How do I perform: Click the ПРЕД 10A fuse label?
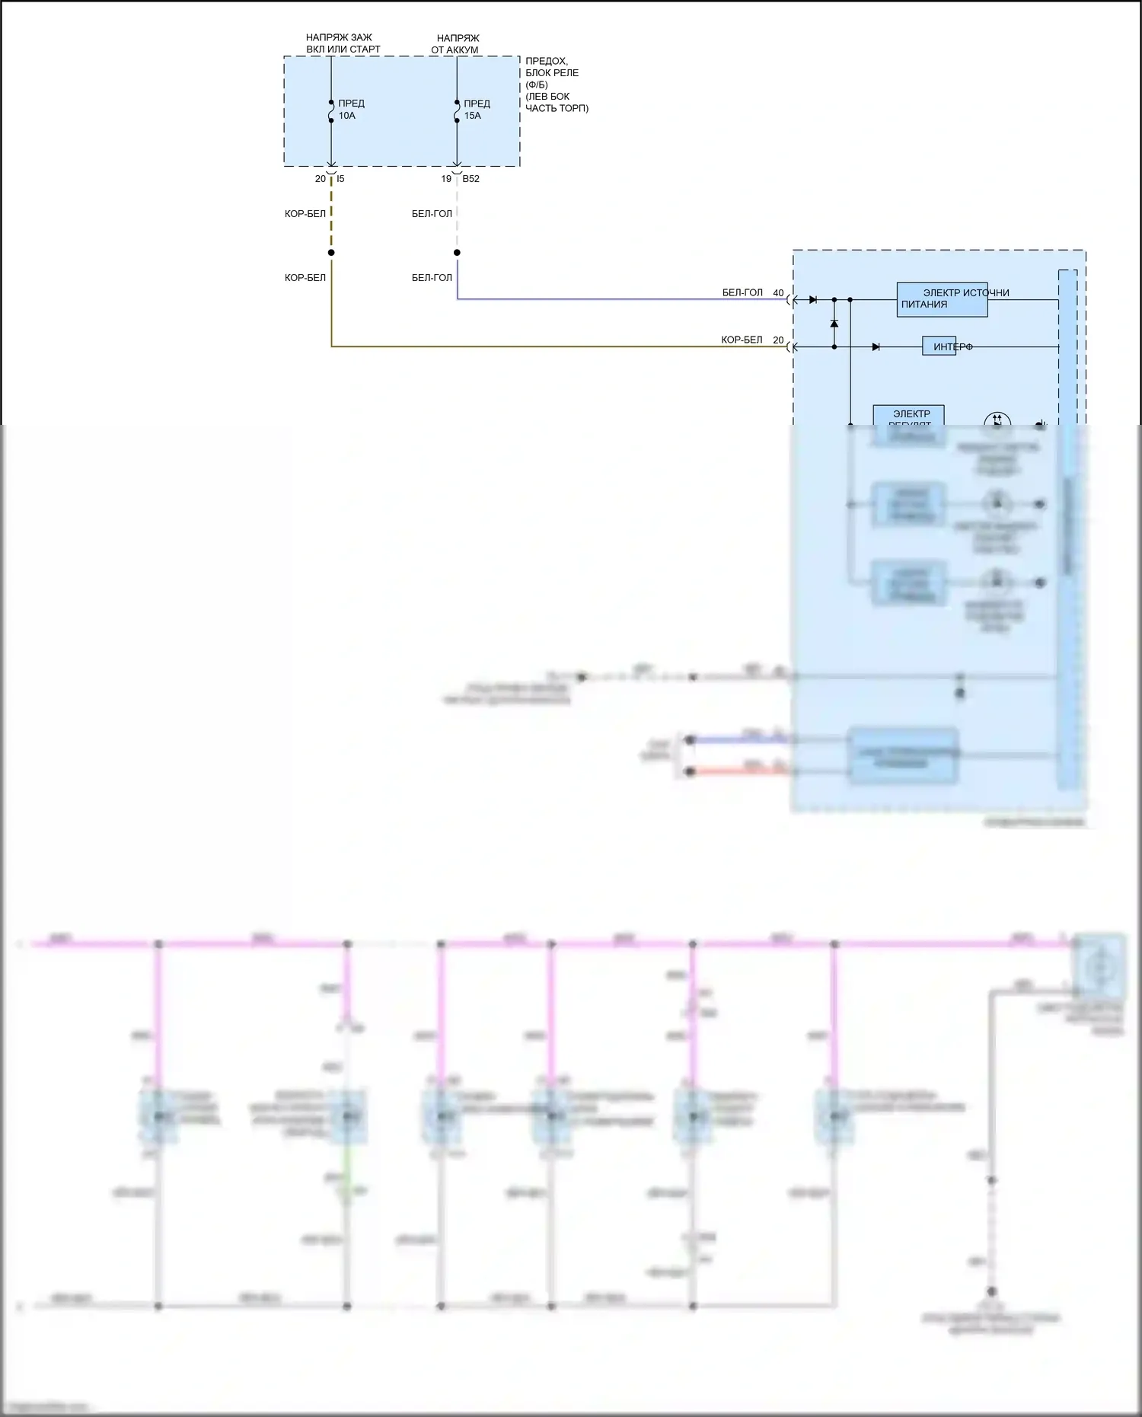tap(351, 110)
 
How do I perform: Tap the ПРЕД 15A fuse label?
tap(477, 110)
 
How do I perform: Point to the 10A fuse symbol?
tap(331, 111)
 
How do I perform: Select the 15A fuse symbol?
tap(457, 111)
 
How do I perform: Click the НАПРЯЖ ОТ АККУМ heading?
tap(457, 44)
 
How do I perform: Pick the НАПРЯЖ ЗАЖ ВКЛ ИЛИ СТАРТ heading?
tap(343, 43)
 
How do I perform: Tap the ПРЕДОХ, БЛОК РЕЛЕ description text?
tap(556, 85)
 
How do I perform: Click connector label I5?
tap(340, 179)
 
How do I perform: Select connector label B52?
tap(471, 179)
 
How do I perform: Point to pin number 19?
tap(446, 179)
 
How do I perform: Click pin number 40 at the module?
tap(778, 293)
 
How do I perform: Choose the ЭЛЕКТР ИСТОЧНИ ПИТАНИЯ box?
tap(942, 299)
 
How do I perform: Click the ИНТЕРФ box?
tap(939, 347)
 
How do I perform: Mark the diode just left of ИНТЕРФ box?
tap(876, 347)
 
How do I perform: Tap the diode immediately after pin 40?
tap(813, 300)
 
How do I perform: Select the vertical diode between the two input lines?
tap(834, 324)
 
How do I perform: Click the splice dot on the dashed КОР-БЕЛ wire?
tap(331, 253)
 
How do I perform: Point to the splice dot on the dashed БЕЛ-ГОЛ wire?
tap(457, 253)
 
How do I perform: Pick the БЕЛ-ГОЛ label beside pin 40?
tap(742, 293)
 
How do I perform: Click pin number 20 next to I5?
tap(321, 179)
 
